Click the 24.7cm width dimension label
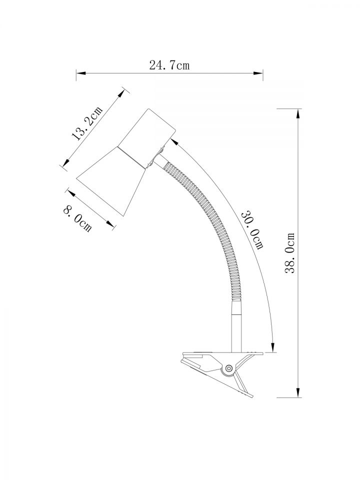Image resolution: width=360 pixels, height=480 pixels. pyautogui.click(x=169, y=65)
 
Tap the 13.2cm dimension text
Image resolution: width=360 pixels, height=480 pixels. pyautogui.click(x=86, y=123)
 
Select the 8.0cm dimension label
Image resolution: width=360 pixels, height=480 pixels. pyautogui.click(x=77, y=219)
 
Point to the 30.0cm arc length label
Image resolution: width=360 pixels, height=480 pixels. pyautogui.click(x=252, y=229)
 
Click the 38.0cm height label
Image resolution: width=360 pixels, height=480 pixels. pyautogui.click(x=289, y=253)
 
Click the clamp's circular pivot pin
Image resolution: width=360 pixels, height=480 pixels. pyautogui.click(x=228, y=368)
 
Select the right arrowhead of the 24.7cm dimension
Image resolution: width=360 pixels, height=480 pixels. pyautogui.click(x=258, y=73)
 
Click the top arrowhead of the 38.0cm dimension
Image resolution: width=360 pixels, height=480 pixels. pyautogui.click(x=297, y=113)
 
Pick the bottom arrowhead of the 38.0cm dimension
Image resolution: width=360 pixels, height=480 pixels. pyautogui.click(x=297, y=392)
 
